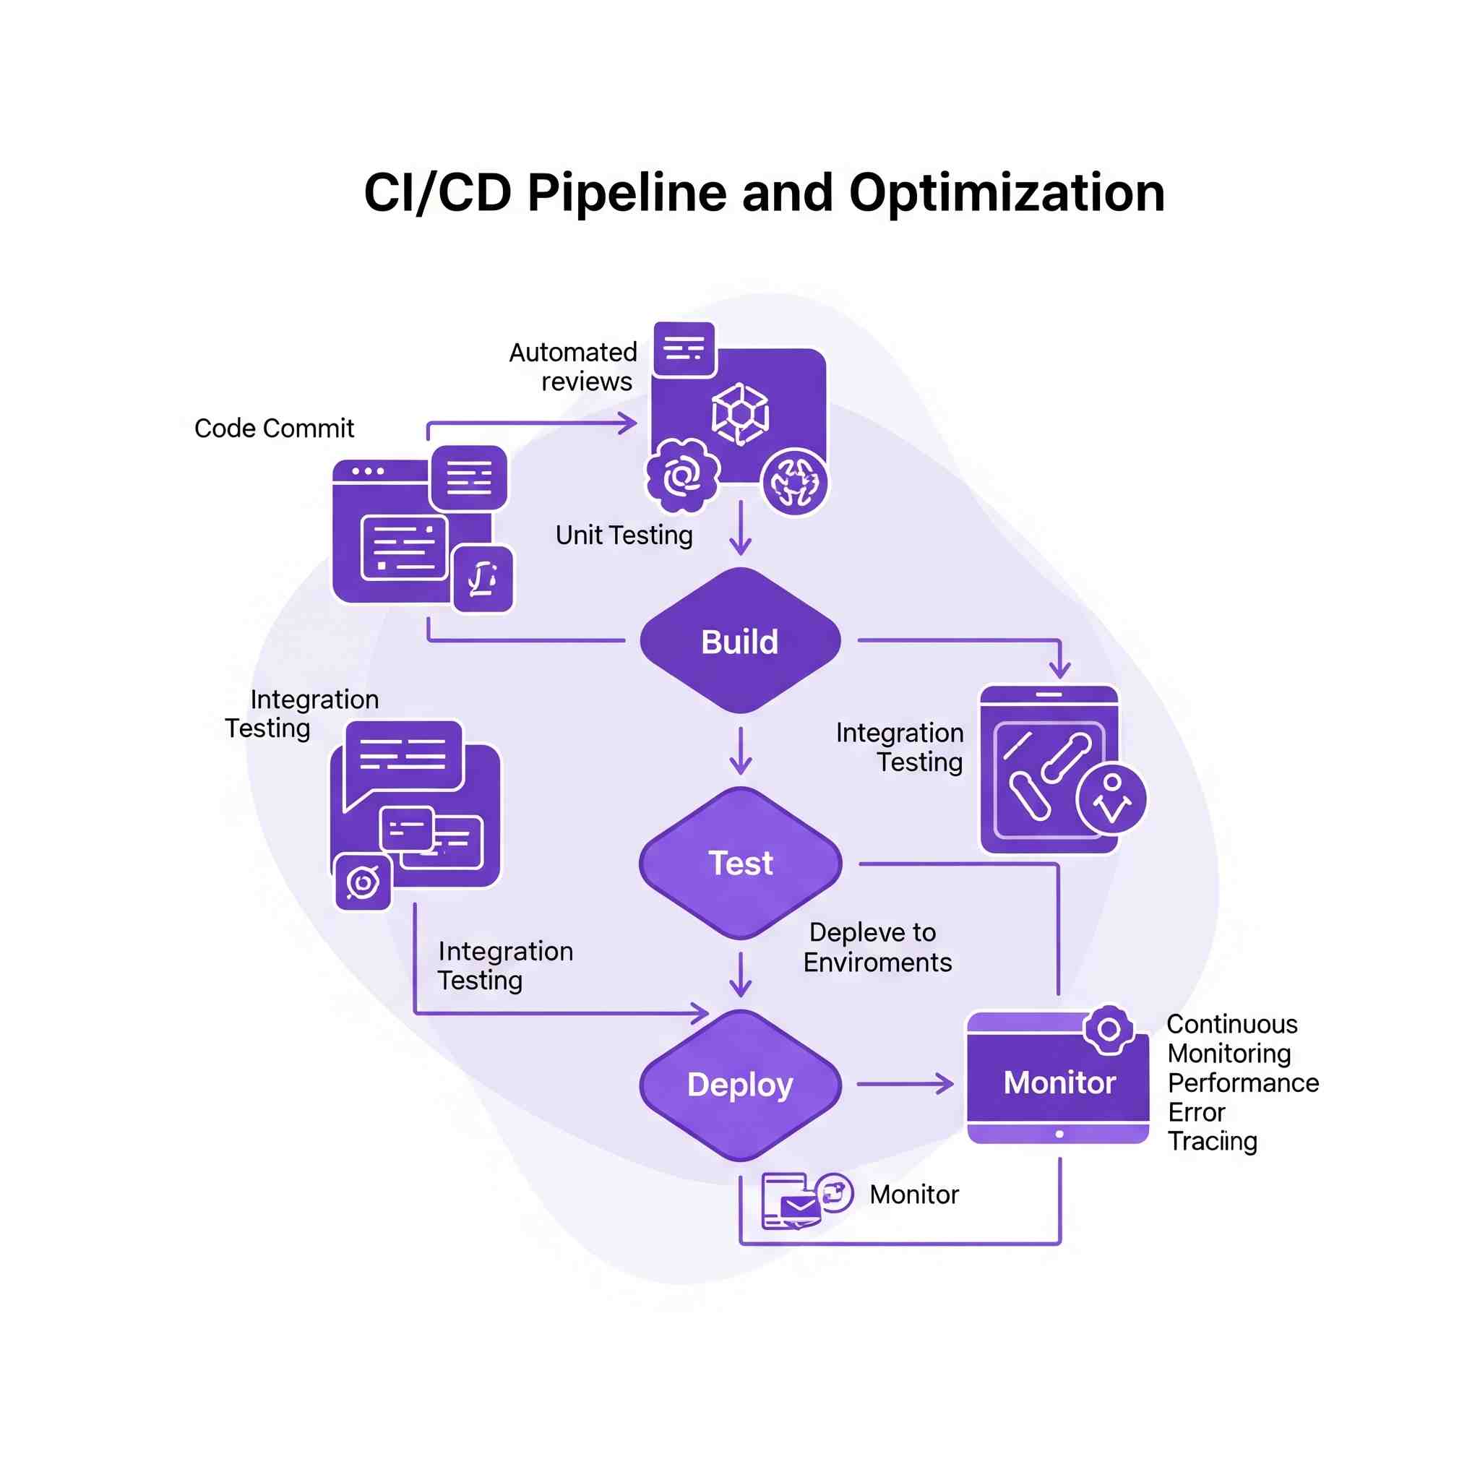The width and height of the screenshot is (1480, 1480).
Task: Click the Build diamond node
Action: click(x=740, y=641)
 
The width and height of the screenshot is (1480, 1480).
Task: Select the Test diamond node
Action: click(x=740, y=864)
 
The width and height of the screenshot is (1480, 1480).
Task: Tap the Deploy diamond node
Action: click(x=740, y=1085)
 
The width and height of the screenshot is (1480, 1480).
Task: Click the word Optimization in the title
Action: click(x=1007, y=192)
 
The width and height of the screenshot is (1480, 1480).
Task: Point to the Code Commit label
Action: click(x=273, y=429)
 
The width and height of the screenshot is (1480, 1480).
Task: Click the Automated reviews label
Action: click(x=575, y=367)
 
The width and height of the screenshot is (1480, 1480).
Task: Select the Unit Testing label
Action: click(x=624, y=535)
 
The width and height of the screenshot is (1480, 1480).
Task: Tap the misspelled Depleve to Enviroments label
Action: click(x=877, y=947)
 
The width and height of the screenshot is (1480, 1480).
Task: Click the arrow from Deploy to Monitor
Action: click(x=904, y=1084)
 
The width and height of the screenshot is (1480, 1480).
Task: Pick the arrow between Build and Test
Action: click(x=740, y=751)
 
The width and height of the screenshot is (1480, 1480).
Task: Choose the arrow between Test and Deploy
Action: click(x=740, y=974)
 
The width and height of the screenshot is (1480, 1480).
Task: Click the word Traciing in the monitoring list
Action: click(x=1212, y=1141)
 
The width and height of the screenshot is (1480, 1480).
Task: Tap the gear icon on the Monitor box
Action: click(x=1109, y=1030)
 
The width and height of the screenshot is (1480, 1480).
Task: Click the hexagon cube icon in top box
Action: click(x=740, y=413)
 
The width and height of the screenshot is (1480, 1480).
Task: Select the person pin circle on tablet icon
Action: click(x=1111, y=799)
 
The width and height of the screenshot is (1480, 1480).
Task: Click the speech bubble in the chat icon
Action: click(x=404, y=757)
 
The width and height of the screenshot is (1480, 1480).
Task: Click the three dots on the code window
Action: click(x=368, y=471)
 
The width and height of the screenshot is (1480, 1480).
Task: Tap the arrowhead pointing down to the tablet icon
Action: click(x=1059, y=671)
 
